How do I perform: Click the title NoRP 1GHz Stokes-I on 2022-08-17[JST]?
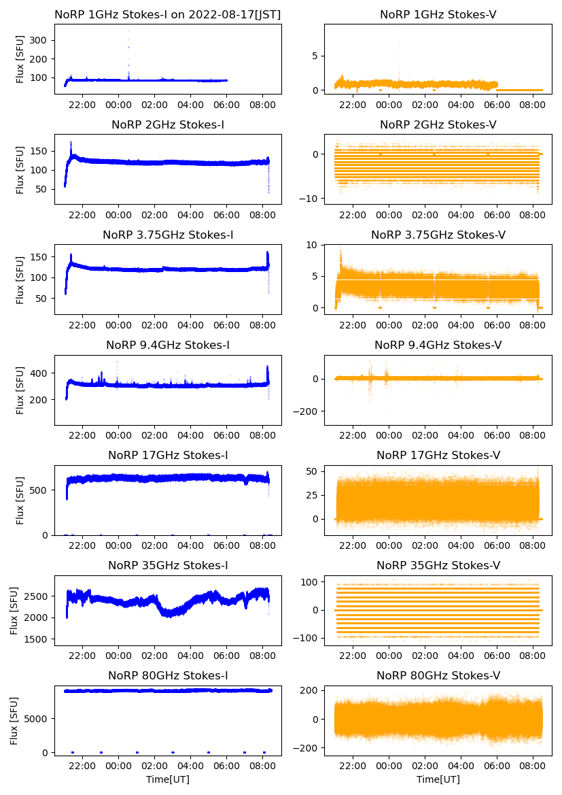coord(168,14)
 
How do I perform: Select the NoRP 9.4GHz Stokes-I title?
coord(168,345)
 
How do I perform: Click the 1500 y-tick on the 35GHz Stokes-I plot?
coord(37,639)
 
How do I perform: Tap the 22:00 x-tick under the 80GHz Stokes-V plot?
coord(353,766)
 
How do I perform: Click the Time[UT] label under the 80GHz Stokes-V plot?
coord(438,779)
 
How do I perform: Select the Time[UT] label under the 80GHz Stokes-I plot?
coord(168,779)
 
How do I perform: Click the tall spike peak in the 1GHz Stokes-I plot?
coord(128,31)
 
